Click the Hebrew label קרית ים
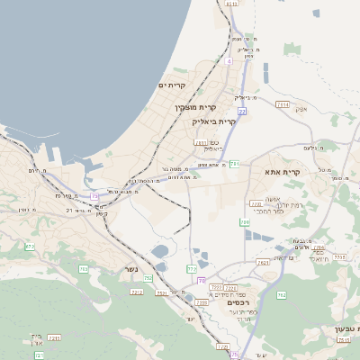coord(172,85)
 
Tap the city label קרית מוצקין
coord(197,107)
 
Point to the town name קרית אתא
coord(284,171)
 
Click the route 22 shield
coord(242,111)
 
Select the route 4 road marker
coord(229,61)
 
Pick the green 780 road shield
coord(244,221)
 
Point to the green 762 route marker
coord(281,294)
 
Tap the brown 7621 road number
coord(262,263)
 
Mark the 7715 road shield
coord(339,257)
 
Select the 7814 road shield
coord(283,104)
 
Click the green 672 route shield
coord(30,246)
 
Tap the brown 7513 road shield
coord(344,340)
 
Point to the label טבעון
coord(335,329)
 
